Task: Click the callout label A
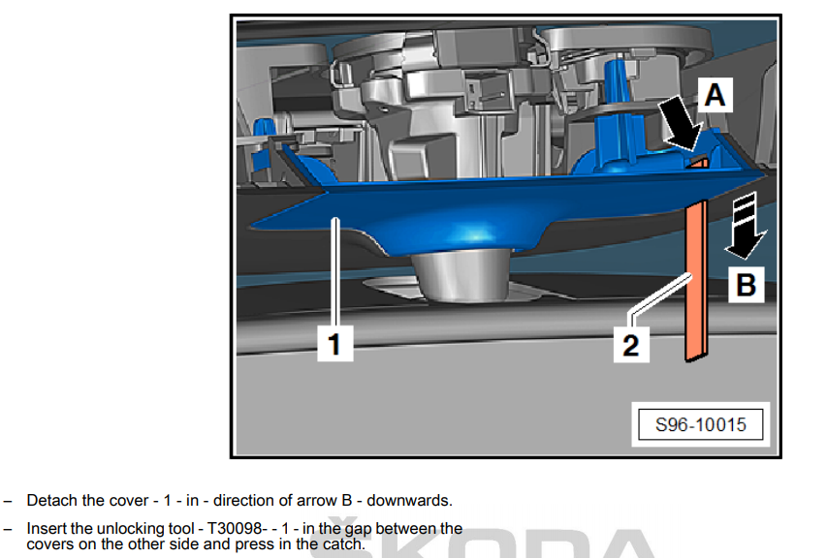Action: pos(716,95)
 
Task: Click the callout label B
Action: pos(746,285)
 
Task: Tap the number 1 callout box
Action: pos(334,344)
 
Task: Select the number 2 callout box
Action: pos(631,345)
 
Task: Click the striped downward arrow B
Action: pos(746,226)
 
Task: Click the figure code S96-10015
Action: pos(700,424)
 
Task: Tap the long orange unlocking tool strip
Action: pos(696,281)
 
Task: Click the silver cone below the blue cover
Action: pos(461,275)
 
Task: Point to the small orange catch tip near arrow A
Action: pos(698,163)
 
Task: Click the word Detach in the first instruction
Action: pos(46,500)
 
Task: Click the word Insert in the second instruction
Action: pos(46,528)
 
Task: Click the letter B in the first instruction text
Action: pos(347,500)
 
